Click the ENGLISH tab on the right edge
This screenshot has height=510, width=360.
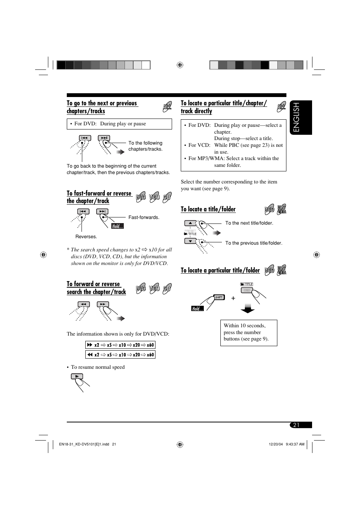pos(301,117)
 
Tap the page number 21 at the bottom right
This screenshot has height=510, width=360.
pos(296,425)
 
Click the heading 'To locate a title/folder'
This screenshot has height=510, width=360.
pos(208,209)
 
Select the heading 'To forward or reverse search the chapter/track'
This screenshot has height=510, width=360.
pos(96,288)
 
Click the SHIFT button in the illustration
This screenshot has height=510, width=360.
pos(219,297)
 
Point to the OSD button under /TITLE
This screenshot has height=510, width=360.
pos(247,290)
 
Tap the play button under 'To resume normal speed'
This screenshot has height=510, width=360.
pos(77,376)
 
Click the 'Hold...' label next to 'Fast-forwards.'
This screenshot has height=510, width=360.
pos(117,226)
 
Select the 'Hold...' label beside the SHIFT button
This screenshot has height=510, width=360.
pos(197,309)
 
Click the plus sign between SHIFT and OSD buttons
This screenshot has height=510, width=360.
pos(233,298)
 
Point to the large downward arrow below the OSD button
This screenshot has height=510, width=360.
pos(248,309)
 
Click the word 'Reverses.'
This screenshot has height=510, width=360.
pos(86,237)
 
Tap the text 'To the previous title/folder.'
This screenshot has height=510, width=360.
pos(254,243)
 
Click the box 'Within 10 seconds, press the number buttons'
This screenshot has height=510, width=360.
pos(248,333)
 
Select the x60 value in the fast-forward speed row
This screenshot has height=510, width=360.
pos(150,345)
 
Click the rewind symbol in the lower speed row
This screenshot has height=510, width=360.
pos(90,354)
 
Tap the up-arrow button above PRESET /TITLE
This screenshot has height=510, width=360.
pos(190,223)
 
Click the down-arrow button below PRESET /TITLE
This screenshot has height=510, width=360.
pos(190,241)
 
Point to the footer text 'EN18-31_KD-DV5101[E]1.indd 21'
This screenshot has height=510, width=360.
pos(88,444)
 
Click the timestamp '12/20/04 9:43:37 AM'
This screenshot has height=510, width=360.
pos(286,444)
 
